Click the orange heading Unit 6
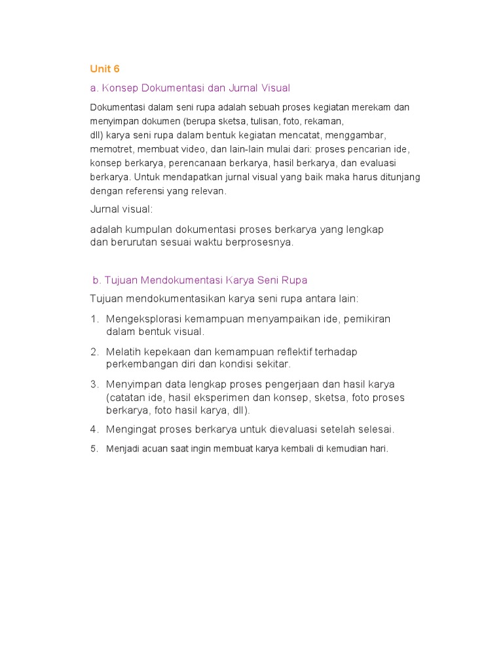tap(105, 69)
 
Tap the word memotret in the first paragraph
tap(109, 149)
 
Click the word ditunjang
tap(399, 177)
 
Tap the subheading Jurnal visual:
tap(121, 209)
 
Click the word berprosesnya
tap(262, 242)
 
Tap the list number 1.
tap(94, 319)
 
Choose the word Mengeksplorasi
tap(144, 319)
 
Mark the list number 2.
tap(94, 352)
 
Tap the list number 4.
tap(94, 430)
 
